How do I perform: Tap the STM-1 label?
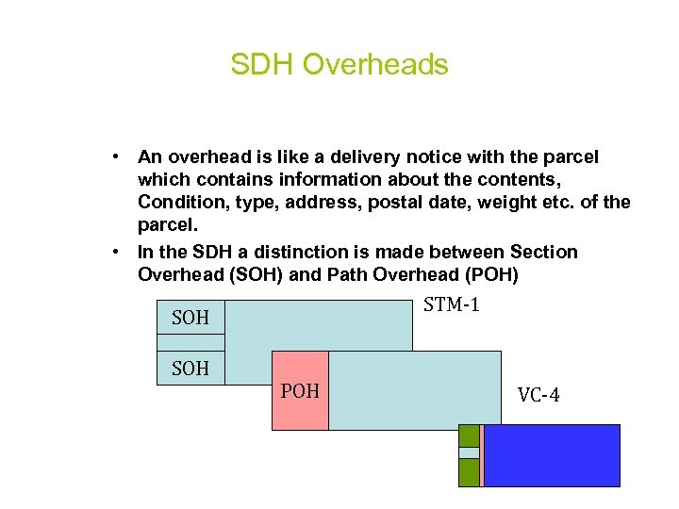pyautogui.click(x=452, y=304)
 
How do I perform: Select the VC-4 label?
pyautogui.click(x=538, y=396)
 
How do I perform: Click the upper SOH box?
pyautogui.click(x=190, y=318)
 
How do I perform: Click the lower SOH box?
pyautogui.click(x=190, y=368)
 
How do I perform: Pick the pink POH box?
pyautogui.click(x=300, y=390)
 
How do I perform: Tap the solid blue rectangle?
pyautogui.click(x=552, y=455)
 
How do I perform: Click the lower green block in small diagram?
pyautogui.click(x=469, y=472)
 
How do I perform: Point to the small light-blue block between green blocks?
pyautogui.click(x=469, y=452)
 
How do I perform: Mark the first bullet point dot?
pyautogui.click(x=112, y=156)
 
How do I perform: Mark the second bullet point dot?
pyautogui.click(x=112, y=252)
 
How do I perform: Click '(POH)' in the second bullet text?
pyautogui.click(x=498, y=275)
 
